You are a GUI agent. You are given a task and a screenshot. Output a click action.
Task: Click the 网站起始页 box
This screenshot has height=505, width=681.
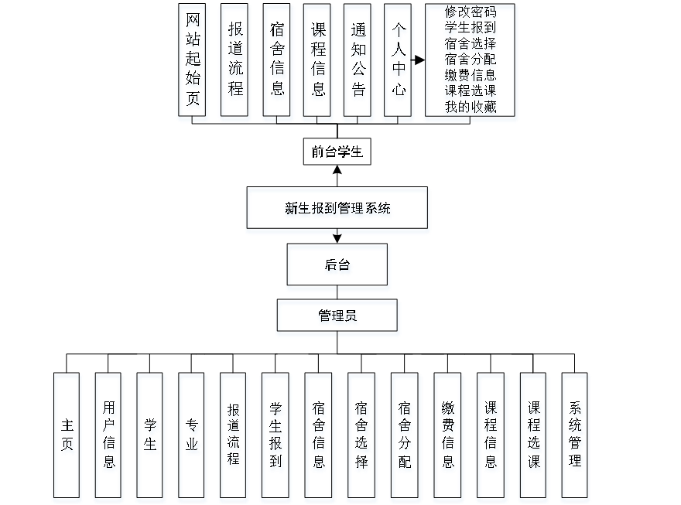click(x=193, y=63)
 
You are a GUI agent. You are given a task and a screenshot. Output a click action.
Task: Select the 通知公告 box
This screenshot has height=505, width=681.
click(x=358, y=63)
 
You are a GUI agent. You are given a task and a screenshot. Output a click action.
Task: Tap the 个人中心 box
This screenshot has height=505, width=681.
click(x=398, y=63)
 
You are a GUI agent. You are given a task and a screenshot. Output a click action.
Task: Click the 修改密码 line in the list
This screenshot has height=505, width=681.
click(x=471, y=12)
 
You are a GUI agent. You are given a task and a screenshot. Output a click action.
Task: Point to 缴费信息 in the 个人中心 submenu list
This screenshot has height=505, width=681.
click(x=471, y=76)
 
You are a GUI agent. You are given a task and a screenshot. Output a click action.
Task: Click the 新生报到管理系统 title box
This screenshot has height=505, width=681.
click(x=337, y=210)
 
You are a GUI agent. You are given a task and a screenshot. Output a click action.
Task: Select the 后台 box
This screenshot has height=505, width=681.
click(x=338, y=268)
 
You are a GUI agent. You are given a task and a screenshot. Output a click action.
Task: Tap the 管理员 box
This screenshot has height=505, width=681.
click(x=338, y=318)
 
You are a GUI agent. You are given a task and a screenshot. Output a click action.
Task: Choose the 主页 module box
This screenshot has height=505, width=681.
click(x=67, y=437)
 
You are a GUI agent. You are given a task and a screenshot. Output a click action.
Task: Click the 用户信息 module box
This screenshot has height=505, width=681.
click(x=109, y=437)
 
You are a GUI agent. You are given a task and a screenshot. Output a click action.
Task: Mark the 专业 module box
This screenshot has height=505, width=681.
click(x=193, y=437)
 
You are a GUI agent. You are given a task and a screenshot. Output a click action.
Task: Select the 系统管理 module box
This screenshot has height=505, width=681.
click(x=575, y=437)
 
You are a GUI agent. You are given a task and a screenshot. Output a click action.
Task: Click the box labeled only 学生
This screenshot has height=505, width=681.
click(x=150, y=437)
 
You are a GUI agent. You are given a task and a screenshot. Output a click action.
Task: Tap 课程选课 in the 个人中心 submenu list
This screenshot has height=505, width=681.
click(x=471, y=91)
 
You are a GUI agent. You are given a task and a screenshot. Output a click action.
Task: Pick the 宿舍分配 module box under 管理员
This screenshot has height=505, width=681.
click(x=405, y=437)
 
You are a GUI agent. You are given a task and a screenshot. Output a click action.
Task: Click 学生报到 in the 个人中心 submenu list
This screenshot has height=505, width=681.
click(x=471, y=28)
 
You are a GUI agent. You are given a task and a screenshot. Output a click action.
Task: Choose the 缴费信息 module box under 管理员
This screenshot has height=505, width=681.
click(x=448, y=437)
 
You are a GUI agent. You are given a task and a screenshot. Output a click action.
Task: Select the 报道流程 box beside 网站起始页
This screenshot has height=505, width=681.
click(x=235, y=63)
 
